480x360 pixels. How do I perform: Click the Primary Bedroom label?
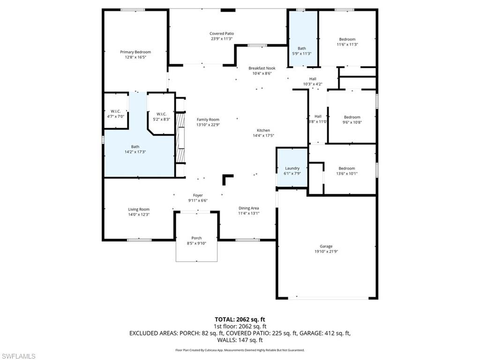click(135, 52)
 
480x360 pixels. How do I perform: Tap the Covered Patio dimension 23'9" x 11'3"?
click(222, 39)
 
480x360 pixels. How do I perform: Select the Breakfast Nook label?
click(262, 68)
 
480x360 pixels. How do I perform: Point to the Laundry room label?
click(292, 168)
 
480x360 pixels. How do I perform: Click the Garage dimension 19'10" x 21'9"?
click(326, 252)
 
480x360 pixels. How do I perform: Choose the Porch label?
click(196, 238)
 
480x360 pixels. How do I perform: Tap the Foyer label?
click(198, 195)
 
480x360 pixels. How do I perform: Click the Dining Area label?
click(248, 208)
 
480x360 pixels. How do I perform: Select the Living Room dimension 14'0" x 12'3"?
click(139, 215)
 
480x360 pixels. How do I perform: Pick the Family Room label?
click(208, 120)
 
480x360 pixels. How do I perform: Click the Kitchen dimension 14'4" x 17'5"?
click(263, 136)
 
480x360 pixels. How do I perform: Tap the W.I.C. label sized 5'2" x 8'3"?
click(161, 114)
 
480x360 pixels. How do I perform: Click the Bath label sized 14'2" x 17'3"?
click(135, 147)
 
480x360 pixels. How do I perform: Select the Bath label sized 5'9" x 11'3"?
click(301, 48)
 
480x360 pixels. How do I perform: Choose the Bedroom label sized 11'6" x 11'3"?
click(347, 39)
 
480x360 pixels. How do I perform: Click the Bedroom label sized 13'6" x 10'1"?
click(347, 168)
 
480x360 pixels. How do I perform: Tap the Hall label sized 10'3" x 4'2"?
click(313, 79)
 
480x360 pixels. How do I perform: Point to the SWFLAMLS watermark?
click(18, 356)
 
